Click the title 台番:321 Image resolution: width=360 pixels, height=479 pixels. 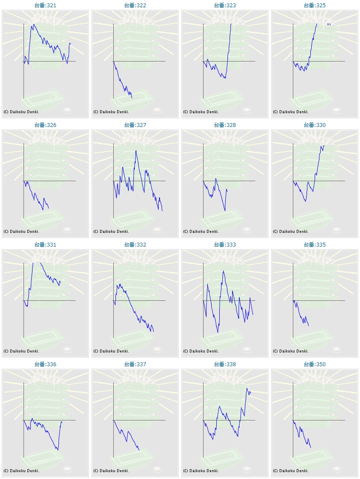click(x=45, y=6)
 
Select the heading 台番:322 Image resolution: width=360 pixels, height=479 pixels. click(x=135, y=6)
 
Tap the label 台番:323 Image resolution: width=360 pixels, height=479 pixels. click(x=225, y=6)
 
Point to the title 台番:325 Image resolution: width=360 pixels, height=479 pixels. click(x=315, y=6)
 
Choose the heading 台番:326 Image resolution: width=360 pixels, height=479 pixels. click(x=45, y=125)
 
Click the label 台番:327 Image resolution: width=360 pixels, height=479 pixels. click(x=135, y=125)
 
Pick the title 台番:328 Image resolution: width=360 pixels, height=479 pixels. click(x=225, y=125)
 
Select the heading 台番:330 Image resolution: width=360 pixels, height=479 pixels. click(x=315, y=125)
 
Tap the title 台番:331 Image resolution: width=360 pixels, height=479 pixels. click(x=45, y=245)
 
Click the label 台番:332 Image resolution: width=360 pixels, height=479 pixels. click(x=135, y=245)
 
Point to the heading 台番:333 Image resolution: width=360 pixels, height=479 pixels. click(x=225, y=245)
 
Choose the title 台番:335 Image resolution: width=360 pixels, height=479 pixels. click(x=315, y=245)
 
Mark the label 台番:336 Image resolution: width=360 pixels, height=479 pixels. click(x=45, y=364)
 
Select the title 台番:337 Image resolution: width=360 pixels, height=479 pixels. click(x=135, y=364)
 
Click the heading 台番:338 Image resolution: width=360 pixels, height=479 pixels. click(x=225, y=364)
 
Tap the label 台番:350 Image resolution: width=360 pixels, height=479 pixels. click(x=315, y=364)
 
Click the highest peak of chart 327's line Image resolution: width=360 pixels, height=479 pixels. click(x=136, y=151)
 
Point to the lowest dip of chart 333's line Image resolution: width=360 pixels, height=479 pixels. click(x=218, y=332)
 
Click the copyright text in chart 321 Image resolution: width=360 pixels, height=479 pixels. click(x=21, y=112)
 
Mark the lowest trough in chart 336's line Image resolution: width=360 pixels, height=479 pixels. click(x=58, y=450)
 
